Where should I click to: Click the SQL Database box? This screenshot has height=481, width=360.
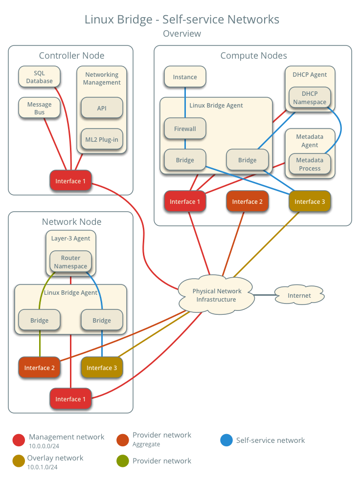point(39,77)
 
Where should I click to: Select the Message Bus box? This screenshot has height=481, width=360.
point(39,109)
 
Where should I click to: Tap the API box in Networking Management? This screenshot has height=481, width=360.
point(101,108)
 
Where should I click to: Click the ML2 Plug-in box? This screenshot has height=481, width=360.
point(101,139)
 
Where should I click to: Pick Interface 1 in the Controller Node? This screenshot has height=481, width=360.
point(70,181)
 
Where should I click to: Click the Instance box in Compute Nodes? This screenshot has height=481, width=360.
point(185,77)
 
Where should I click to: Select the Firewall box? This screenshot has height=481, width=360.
point(185,129)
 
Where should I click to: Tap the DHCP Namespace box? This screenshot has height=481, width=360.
point(310,98)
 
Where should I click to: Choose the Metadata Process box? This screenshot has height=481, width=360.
point(310,164)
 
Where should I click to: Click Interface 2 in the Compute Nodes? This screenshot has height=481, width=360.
point(247,202)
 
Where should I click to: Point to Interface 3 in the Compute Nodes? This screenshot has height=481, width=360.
point(310,202)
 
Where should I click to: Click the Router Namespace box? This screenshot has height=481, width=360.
point(70,262)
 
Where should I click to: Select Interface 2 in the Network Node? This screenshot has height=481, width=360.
point(39,368)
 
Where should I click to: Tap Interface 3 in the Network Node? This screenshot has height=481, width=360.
point(101,368)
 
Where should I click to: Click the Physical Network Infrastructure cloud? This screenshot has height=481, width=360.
point(216,295)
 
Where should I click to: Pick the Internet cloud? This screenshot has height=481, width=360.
point(299,295)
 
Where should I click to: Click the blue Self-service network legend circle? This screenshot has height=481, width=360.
point(226,440)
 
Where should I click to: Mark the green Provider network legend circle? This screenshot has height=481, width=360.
point(123,461)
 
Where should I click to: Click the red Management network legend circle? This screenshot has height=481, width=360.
point(19,440)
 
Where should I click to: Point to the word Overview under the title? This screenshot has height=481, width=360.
point(181,34)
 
